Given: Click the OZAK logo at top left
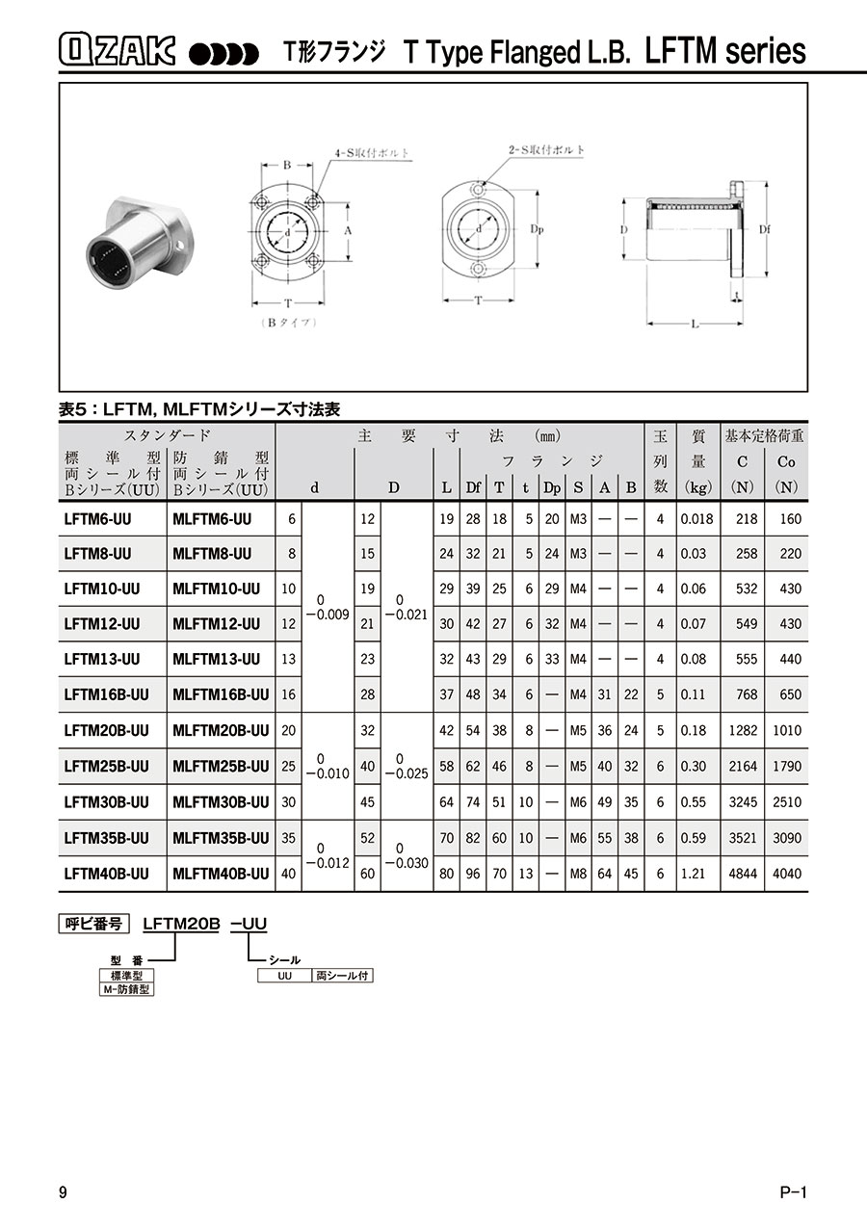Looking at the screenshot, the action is coord(117,49).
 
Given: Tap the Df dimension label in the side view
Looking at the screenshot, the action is coord(764,229).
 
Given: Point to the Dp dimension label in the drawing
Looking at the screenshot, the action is coord(537,229).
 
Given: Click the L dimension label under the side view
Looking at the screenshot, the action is coord(695,324).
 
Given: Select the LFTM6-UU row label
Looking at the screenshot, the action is coord(97,519).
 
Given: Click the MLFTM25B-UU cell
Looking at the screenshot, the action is coord(221,766).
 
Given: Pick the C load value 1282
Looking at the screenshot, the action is coord(743,730).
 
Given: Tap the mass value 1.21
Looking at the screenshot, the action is coord(693,873).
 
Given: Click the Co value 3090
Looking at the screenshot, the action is coord(787,838).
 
